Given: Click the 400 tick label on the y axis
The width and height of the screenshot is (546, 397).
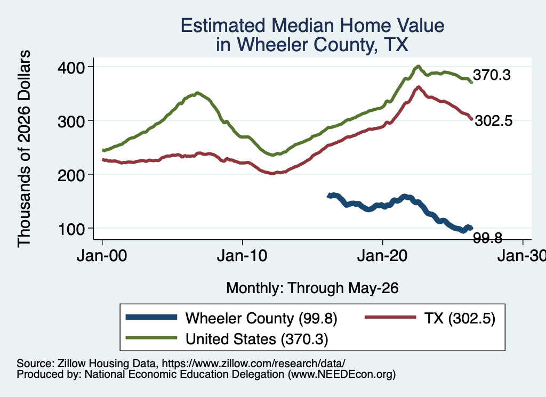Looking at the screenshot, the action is pos(71,68).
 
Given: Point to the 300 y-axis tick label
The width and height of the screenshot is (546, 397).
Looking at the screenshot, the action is pos(71,121).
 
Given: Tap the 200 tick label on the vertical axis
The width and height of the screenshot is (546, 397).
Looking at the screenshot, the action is pos(71,175).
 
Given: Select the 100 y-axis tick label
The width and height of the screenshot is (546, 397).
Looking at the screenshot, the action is pos(71,229).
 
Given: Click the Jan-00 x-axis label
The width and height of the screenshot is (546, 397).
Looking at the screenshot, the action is pos(102,256).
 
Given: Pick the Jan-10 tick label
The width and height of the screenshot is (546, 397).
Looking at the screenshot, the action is pos(242,256).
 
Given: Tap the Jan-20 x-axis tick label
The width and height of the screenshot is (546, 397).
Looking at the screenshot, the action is pos(382,256).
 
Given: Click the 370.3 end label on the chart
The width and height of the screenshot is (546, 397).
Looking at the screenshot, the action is pos(492,75).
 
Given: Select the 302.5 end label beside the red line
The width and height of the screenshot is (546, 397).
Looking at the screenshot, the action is pos(493,121).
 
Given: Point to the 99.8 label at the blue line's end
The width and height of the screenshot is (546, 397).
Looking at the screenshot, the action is pos(487,238).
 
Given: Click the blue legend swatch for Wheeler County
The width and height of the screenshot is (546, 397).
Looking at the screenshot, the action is pos(151,317).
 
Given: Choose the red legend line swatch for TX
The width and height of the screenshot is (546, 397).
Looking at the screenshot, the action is pos(390,317).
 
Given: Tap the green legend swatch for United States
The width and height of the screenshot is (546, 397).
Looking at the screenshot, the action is pos(151,337).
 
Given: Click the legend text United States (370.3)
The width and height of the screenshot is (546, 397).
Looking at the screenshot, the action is pos(256,339).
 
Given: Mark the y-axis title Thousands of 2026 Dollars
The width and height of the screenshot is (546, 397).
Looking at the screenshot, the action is pos(24,149).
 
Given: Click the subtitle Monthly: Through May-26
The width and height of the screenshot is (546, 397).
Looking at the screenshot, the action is pos(312,288).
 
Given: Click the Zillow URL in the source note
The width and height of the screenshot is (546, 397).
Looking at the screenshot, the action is pos(253,363).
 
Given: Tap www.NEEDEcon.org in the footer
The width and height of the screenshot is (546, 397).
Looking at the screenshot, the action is pos(342,375).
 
